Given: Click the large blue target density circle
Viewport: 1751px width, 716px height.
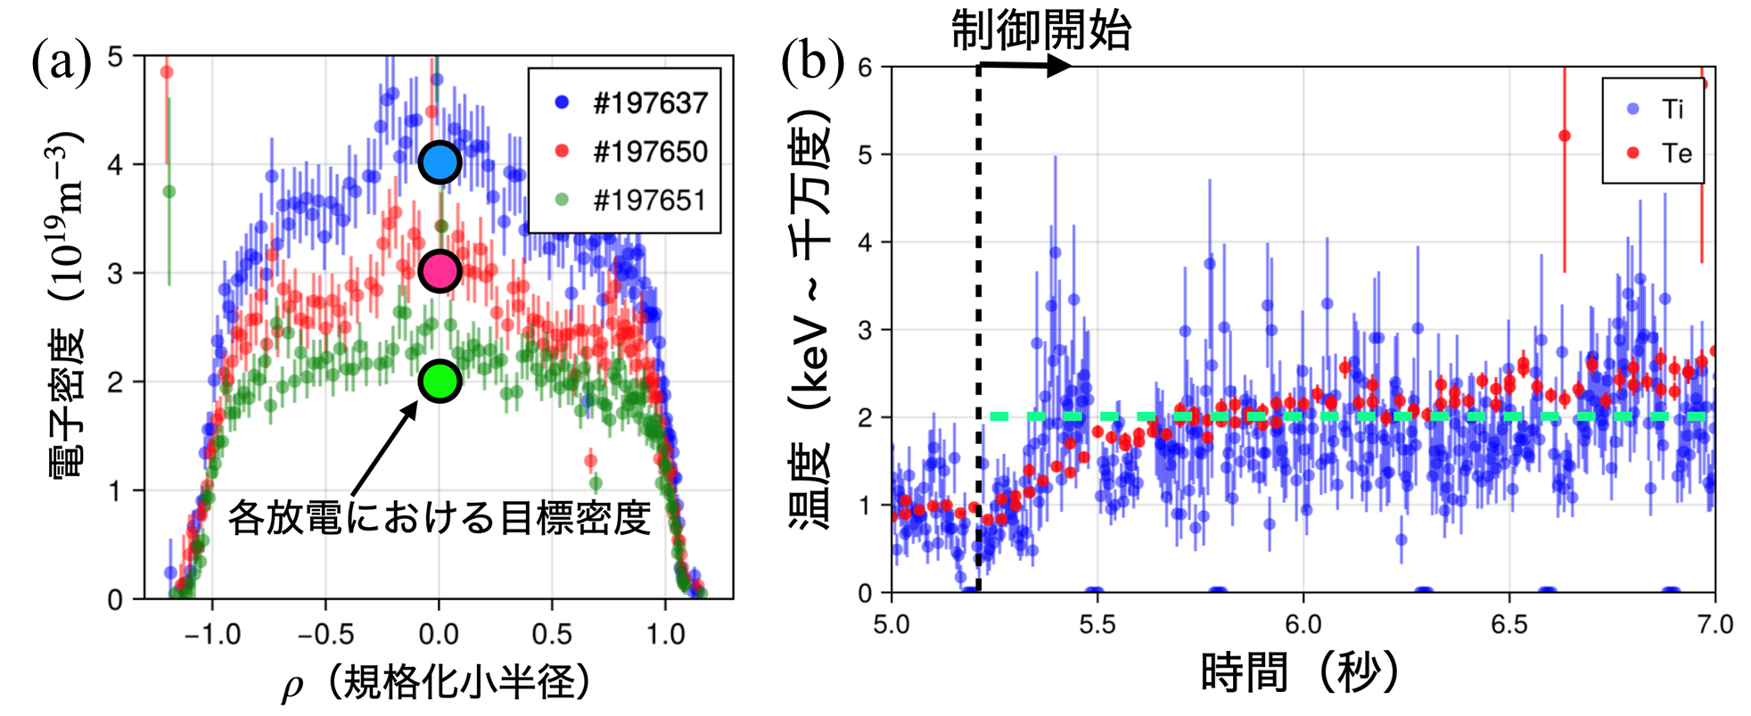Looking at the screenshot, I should (440, 162).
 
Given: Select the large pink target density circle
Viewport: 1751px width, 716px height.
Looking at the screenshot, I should (440, 271).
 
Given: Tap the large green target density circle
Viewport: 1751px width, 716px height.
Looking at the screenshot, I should (440, 381).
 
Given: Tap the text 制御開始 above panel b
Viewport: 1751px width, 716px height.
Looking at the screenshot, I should (1040, 30).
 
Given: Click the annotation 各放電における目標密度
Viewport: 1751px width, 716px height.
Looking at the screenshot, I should (439, 517).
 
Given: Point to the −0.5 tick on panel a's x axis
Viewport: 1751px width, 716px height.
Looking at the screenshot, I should (325, 635).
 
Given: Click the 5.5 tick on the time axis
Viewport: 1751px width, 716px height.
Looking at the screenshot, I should (1097, 624).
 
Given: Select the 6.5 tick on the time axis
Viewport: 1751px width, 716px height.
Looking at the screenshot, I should (1509, 624).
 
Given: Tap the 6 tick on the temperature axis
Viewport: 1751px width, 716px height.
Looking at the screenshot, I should (864, 68).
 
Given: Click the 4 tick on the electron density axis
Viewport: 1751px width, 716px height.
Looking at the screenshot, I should (115, 165).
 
